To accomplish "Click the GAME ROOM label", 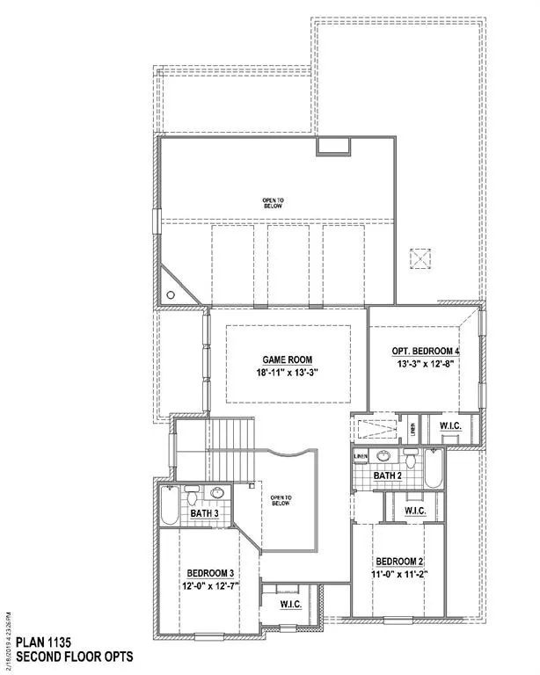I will tap(287, 359).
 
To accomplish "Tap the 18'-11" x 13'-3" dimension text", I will tap(287, 374).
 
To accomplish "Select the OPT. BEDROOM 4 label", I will tap(426, 352).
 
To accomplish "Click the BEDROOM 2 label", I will tap(400, 561).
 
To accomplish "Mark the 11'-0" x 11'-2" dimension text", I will tap(400, 577).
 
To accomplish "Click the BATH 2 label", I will tap(387, 475).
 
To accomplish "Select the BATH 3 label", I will tap(204, 513).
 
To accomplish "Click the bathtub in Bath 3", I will tap(169, 505).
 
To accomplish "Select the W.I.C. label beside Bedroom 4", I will tap(451, 428).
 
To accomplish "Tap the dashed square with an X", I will tap(421, 259).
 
